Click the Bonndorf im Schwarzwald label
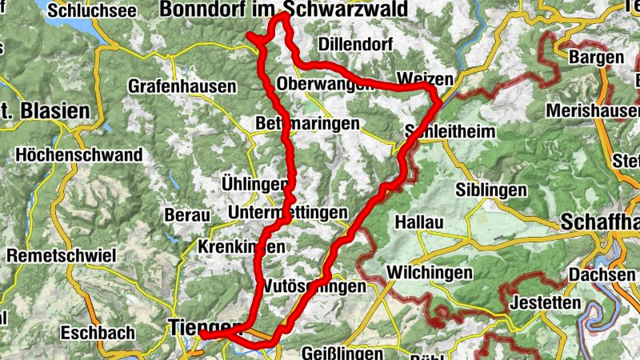pos(283,9)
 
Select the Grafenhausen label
pos(182,86)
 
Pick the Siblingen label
pos(491,190)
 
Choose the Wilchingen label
pos(429,273)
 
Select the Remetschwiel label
pos(62,256)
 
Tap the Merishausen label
pos(596,110)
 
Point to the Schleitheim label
pos(450,131)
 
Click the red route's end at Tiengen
pos(203,335)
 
